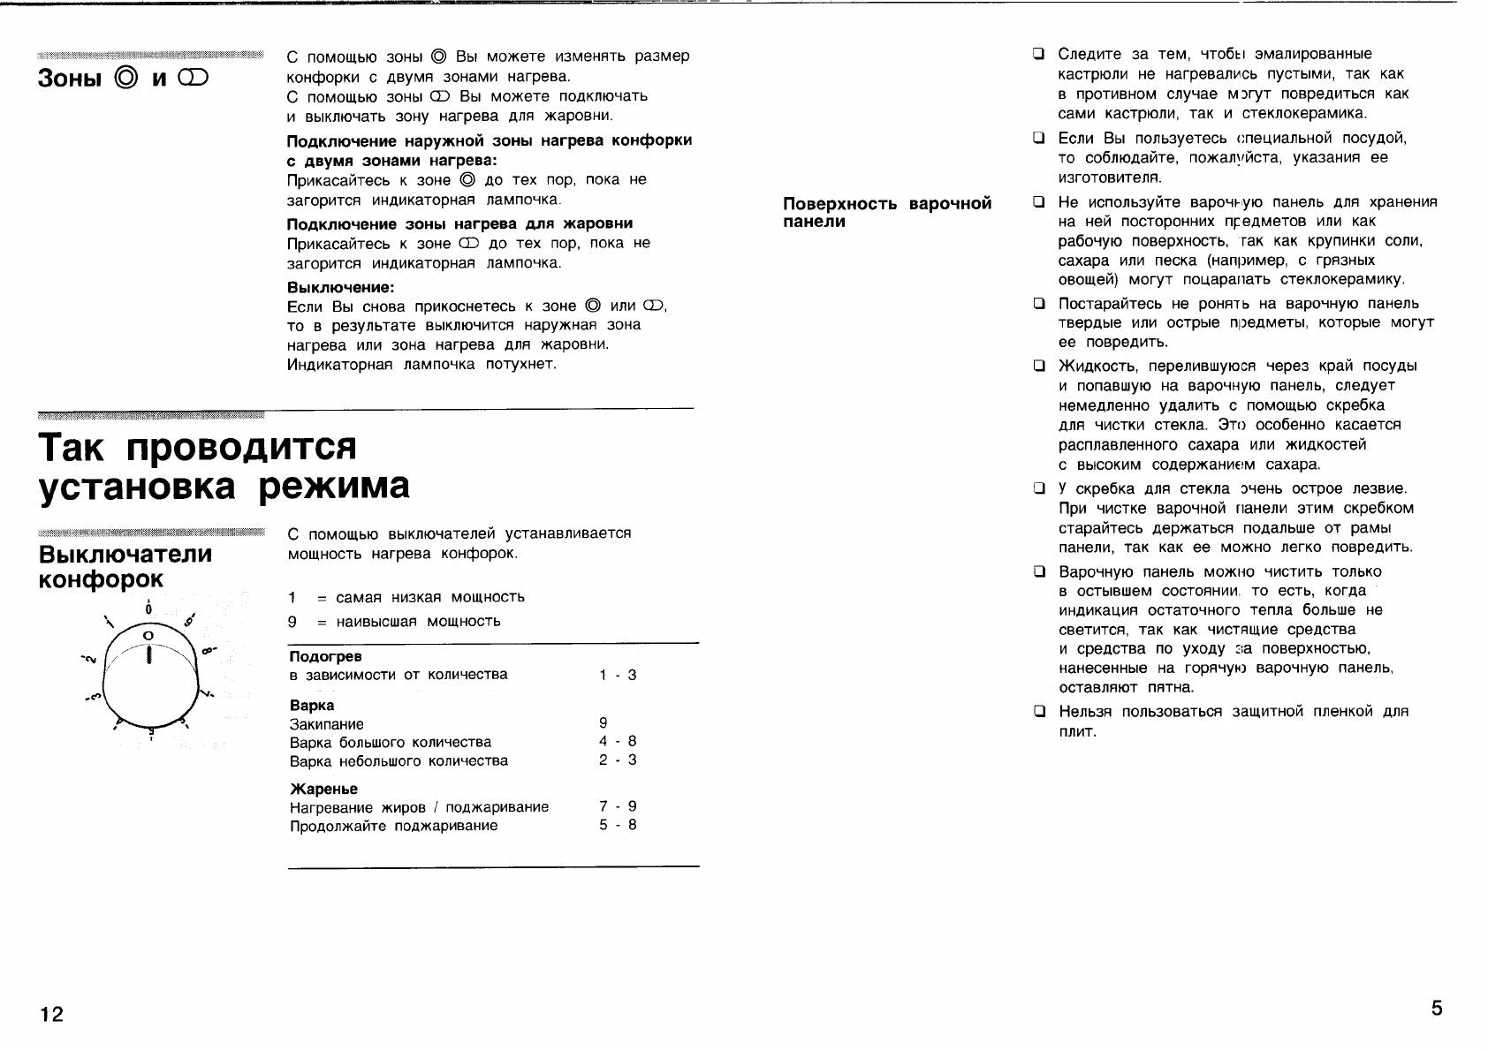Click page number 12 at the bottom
click(52, 1014)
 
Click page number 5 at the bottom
click(1437, 1009)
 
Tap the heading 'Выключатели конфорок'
click(125, 566)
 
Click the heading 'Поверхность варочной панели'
click(887, 212)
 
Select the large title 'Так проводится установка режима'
click(224, 466)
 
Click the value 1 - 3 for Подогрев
click(618, 676)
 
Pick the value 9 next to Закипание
click(604, 722)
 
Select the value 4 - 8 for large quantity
click(618, 742)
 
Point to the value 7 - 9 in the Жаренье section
click(618, 806)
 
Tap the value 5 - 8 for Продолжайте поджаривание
click(618, 826)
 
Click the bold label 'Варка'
click(312, 706)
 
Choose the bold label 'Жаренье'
click(323, 789)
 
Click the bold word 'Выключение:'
click(341, 288)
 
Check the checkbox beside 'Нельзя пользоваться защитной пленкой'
click(1040, 711)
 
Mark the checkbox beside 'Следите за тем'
click(1040, 54)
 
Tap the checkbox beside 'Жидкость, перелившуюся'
click(1040, 366)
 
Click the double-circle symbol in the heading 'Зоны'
click(126, 79)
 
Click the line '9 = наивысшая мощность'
click(394, 622)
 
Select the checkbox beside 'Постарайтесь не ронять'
click(1040, 304)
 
